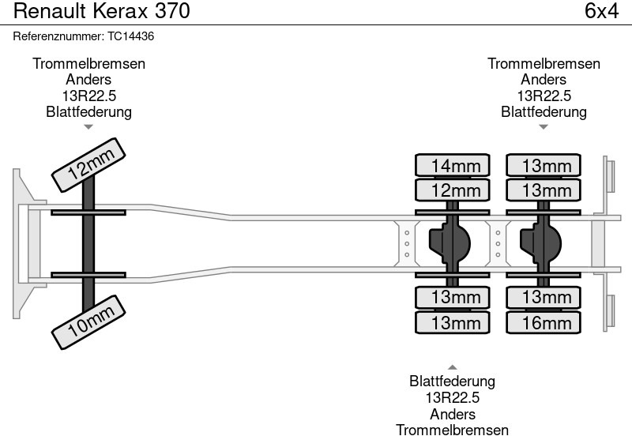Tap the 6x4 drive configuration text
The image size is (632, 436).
click(601, 12)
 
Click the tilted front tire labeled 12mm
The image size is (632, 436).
click(88, 167)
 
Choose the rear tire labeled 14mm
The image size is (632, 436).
click(453, 165)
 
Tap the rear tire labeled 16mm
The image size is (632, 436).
click(544, 322)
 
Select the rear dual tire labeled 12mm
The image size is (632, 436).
click(453, 190)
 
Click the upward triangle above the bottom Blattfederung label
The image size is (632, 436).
click(453, 366)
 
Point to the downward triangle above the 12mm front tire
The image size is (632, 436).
click(88, 126)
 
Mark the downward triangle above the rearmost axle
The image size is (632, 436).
click(544, 126)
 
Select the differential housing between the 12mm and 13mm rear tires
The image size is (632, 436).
click(450, 243)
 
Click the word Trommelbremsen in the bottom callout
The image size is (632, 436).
click(453, 429)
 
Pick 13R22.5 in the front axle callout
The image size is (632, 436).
click(88, 96)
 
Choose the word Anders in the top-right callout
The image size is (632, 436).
click(544, 80)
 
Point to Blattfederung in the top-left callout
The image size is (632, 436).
click(88, 111)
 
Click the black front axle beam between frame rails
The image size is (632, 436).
click(88, 243)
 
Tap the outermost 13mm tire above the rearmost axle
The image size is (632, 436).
click(544, 165)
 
